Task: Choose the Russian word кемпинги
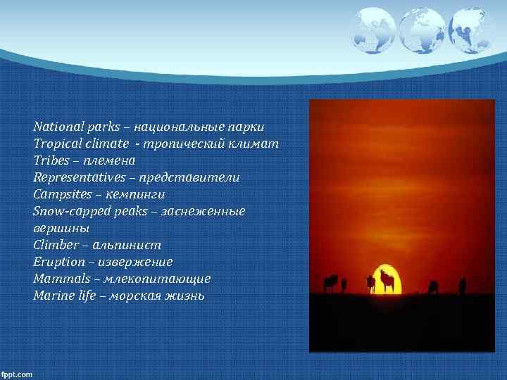(x=142, y=194)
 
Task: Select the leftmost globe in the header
(x=373, y=30)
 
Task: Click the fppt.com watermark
(x=17, y=374)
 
